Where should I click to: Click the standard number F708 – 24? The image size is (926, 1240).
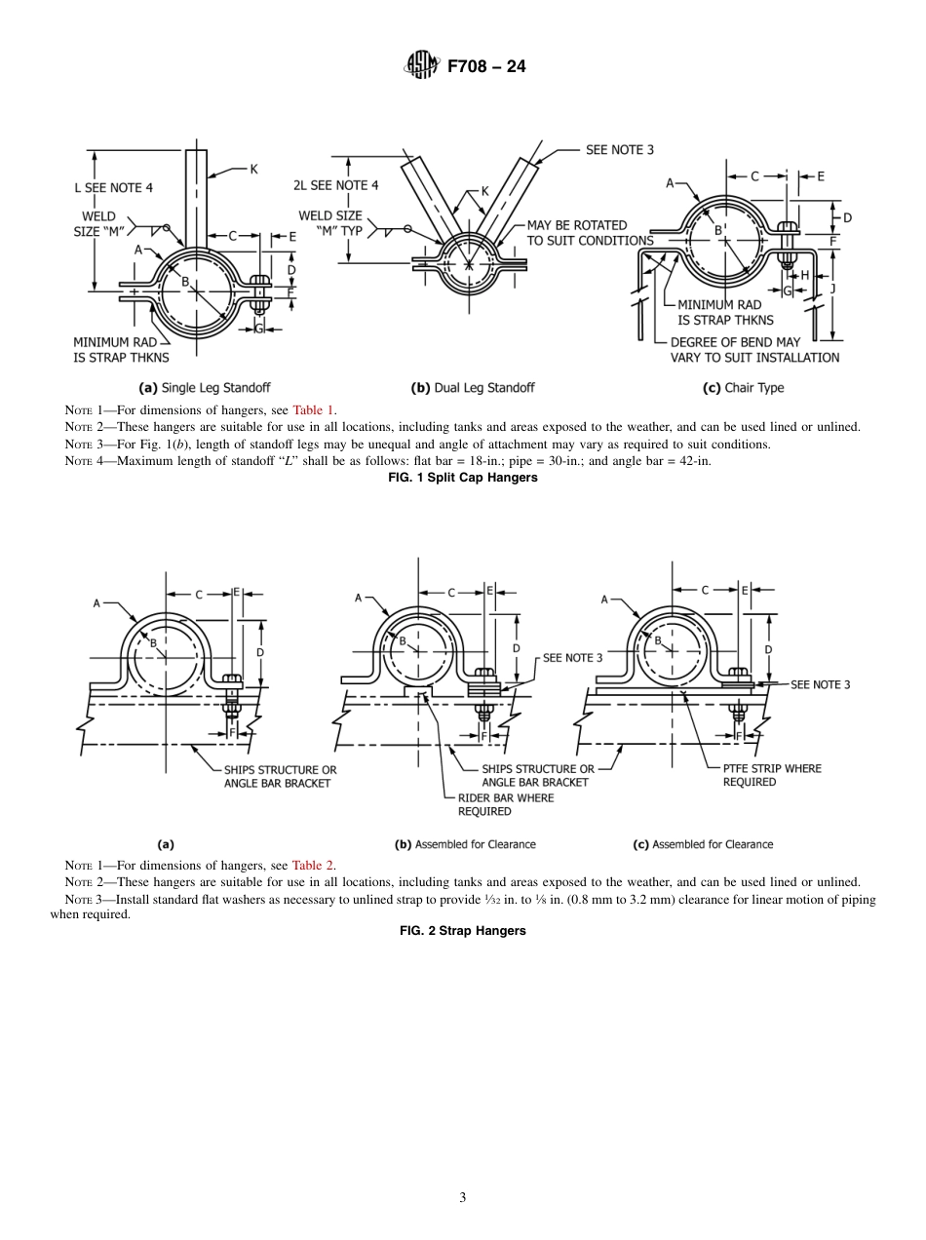click(486, 67)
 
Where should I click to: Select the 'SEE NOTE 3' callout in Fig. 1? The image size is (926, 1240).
click(619, 149)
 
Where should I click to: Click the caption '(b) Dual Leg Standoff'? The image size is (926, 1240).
click(473, 387)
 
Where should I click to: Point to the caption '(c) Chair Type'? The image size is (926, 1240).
click(743, 387)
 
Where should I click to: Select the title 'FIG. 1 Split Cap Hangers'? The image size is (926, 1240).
click(462, 477)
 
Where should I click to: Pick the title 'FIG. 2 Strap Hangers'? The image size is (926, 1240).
click(462, 931)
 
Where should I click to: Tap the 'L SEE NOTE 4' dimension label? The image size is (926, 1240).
click(113, 186)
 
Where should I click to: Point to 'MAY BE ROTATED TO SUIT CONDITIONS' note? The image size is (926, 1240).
click(590, 233)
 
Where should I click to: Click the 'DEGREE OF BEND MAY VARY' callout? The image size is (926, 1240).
click(754, 350)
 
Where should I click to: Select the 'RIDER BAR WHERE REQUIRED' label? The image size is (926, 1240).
click(505, 804)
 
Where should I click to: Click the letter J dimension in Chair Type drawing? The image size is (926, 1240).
click(831, 289)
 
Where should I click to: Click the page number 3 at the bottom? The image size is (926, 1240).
click(462, 1197)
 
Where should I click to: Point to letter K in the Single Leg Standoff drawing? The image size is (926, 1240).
click(253, 169)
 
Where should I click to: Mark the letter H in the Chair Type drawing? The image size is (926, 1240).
click(804, 275)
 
